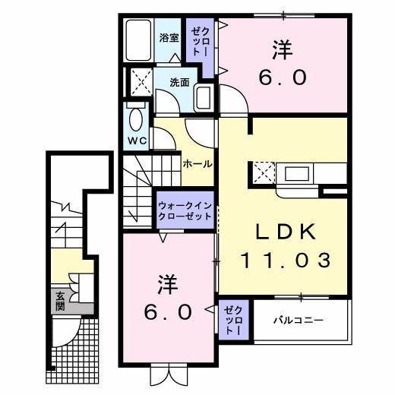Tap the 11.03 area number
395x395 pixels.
click(x=286, y=261)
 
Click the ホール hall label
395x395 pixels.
click(x=196, y=163)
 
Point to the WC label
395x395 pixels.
click(x=136, y=141)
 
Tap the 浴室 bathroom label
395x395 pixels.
click(x=169, y=37)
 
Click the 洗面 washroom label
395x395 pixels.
click(x=179, y=83)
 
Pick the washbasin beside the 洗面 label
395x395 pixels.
click(x=203, y=97)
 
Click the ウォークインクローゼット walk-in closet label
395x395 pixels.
click(x=185, y=211)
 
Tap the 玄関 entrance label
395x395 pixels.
click(x=59, y=302)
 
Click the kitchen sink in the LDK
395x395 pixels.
click(x=295, y=174)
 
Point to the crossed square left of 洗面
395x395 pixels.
click(x=139, y=80)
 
